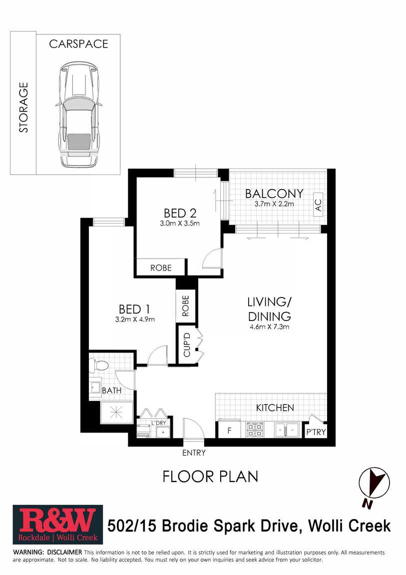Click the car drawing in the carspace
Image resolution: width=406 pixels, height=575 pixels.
click(x=79, y=114)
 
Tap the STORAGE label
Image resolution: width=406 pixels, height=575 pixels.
click(x=23, y=107)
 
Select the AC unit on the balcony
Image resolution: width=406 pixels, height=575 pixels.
click(x=318, y=204)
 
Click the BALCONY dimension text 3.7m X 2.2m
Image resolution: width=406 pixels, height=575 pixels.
click(x=274, y=204)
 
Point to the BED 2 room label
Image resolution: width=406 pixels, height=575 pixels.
click(x=180, y=213)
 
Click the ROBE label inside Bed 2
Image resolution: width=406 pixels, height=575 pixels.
click(x=161, y=267)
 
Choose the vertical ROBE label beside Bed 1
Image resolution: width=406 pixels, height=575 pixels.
click(x=186, y=306)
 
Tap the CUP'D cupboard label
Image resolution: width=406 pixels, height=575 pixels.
click(x=187, y=344)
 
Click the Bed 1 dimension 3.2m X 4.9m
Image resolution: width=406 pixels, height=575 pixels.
click(x=135, y=319)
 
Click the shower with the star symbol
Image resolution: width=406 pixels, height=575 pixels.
click(x=117, y=412)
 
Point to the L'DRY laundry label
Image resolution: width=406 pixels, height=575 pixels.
click(x=158, y=423)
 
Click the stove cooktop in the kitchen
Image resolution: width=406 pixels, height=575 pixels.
click(x=254, y=429)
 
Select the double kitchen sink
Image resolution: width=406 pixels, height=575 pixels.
click(x=287, y=429)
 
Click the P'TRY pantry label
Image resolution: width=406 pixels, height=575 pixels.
click(x=316, y=432)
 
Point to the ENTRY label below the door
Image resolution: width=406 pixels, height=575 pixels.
click(x=194, y=453)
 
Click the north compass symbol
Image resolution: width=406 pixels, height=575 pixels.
click(x=374, y=485)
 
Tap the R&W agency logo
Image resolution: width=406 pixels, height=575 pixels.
click(x=58, y=525)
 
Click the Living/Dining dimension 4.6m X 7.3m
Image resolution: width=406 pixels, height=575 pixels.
click(x=269, y=326)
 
